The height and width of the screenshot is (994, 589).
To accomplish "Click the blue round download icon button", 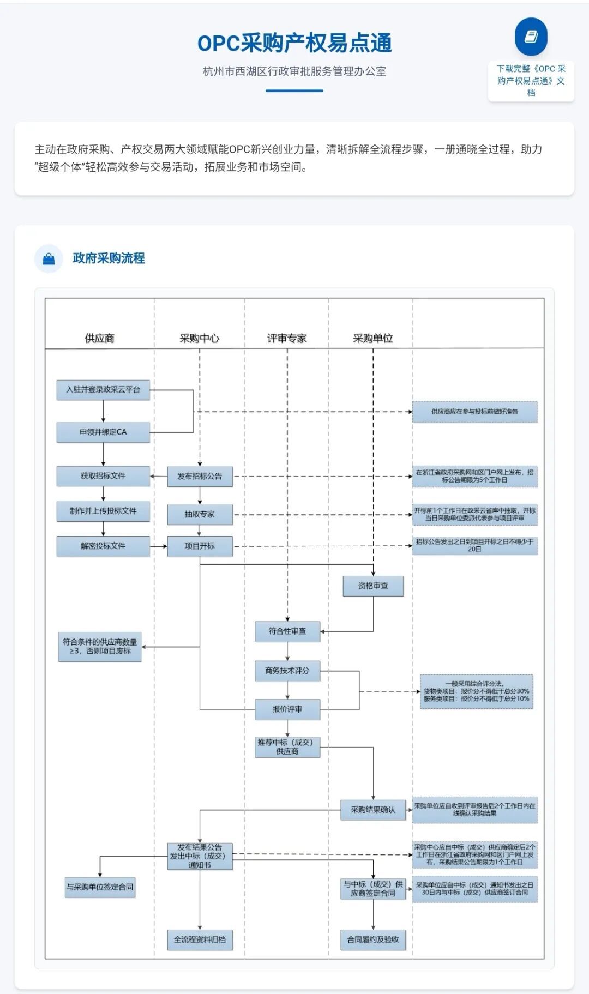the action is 531,37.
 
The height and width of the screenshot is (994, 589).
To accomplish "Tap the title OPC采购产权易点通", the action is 294,43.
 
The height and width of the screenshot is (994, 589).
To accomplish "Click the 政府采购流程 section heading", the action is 109,258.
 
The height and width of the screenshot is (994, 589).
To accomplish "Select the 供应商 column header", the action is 100,338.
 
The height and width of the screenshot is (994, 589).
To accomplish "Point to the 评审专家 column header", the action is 287,338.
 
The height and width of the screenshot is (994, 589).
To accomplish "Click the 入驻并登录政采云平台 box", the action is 103,390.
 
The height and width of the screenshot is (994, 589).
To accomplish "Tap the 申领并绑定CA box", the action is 103,432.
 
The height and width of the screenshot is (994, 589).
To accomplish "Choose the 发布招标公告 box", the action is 200,476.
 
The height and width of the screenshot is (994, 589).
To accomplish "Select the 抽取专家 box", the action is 200,514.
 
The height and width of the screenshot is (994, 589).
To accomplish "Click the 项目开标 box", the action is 200,546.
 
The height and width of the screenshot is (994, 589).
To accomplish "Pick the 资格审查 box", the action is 373,586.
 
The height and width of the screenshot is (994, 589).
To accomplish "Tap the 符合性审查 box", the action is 287,631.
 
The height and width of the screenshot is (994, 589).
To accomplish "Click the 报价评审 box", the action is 287,709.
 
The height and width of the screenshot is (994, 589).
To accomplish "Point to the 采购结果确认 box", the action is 373,810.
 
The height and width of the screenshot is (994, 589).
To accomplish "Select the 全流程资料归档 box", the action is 200,939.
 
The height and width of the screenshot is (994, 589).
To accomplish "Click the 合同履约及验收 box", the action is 373,939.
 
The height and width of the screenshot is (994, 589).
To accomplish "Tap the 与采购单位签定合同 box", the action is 100,887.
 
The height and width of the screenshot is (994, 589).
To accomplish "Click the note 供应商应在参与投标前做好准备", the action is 475,412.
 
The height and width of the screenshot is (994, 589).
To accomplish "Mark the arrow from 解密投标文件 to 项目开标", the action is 158,546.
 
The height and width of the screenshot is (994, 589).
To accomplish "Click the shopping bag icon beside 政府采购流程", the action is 49,258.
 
